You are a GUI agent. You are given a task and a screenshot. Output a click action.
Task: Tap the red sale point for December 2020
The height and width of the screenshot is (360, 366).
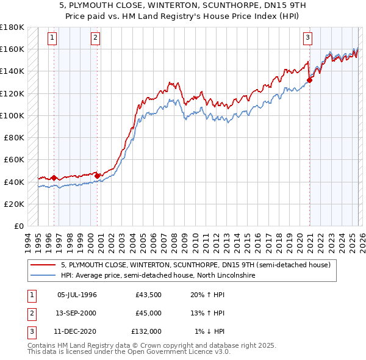pos(310,79)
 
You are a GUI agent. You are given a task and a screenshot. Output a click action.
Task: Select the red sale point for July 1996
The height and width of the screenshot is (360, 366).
pos(54,178)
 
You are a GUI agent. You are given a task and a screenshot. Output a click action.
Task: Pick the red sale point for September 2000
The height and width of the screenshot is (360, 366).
pos(98,176)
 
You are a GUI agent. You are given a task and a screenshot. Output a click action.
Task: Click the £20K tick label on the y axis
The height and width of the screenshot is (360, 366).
pos(14,204)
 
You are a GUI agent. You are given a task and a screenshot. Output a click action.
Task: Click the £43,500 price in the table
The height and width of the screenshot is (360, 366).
pos(149,295)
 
